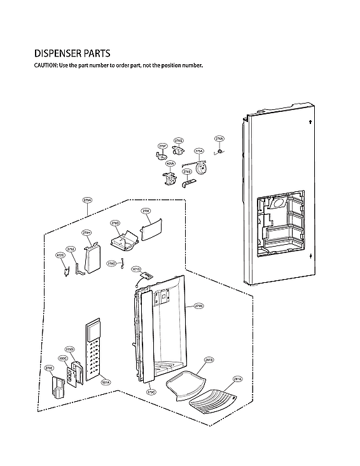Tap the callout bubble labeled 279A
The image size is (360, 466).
point(88,200)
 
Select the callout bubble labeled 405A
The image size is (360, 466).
point(170,163)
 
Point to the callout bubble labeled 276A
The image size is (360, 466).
point(219,138)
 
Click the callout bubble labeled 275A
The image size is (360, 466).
point(199,151)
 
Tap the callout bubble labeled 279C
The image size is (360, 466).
point(151,392)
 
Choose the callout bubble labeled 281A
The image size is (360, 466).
point(237,378)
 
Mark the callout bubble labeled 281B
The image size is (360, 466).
point(209,360)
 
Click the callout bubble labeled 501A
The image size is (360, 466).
point(106,382)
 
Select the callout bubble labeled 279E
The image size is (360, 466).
point(49,367)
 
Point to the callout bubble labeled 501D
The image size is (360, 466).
point(136,269)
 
